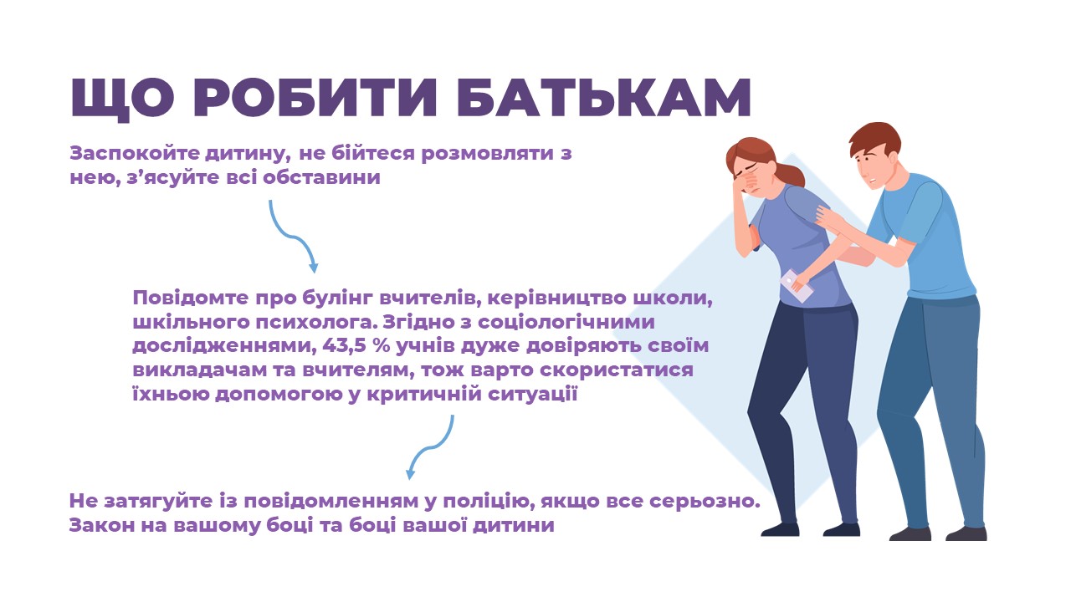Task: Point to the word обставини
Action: point(322,178)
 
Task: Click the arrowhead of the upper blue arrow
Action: point(313,267)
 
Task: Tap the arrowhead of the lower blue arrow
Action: point(410,473)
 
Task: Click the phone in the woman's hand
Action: point(797,286)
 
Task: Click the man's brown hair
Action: point(874,138)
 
